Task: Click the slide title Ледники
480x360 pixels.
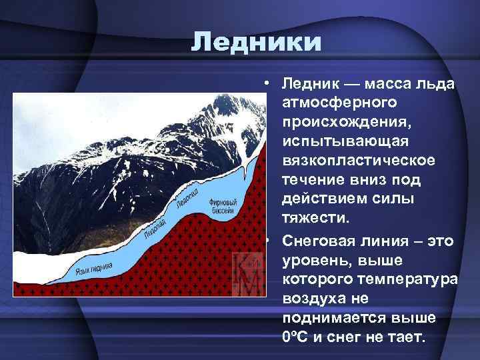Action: [x=256, y=43]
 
